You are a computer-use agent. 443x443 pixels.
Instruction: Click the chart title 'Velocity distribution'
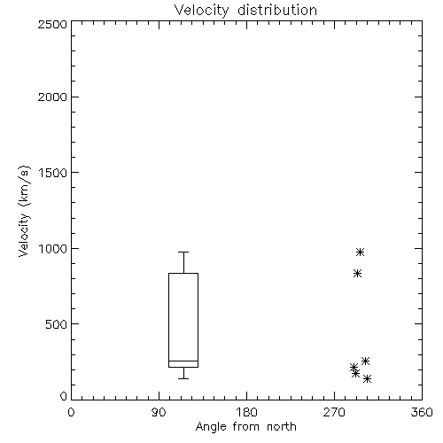245,11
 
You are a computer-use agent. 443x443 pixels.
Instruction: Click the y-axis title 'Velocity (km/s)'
24,211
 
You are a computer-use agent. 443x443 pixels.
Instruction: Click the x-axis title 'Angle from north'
245,427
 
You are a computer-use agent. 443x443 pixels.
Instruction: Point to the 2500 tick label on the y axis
52,24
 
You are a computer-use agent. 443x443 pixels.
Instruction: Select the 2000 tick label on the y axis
52,97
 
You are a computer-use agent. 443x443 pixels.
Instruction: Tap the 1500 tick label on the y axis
53,173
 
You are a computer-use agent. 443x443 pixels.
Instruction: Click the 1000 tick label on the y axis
53,249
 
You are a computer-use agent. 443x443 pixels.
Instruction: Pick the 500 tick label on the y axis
57,324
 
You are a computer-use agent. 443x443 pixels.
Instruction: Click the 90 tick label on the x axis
159,412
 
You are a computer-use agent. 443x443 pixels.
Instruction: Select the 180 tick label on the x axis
246,412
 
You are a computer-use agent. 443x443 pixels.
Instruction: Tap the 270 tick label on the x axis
334,412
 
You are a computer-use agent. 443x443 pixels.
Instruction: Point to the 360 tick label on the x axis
422,412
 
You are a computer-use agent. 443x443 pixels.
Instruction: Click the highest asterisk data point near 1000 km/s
360,252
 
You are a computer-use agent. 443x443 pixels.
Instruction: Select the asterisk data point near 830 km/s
357,274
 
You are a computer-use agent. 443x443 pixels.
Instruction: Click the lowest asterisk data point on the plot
367,378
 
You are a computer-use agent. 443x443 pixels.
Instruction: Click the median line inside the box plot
183,361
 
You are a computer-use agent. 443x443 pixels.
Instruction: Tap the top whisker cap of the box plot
183,252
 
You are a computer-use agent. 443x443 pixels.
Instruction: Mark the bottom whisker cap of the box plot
183,378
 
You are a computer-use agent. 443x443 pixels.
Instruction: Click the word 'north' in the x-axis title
282,427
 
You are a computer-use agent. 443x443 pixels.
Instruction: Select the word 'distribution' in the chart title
277,11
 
